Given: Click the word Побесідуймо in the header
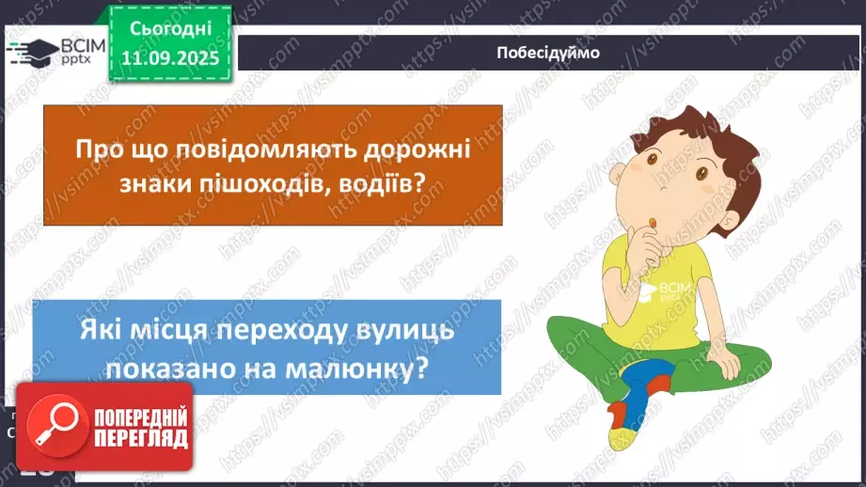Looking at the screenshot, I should click(x=548, y=53).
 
